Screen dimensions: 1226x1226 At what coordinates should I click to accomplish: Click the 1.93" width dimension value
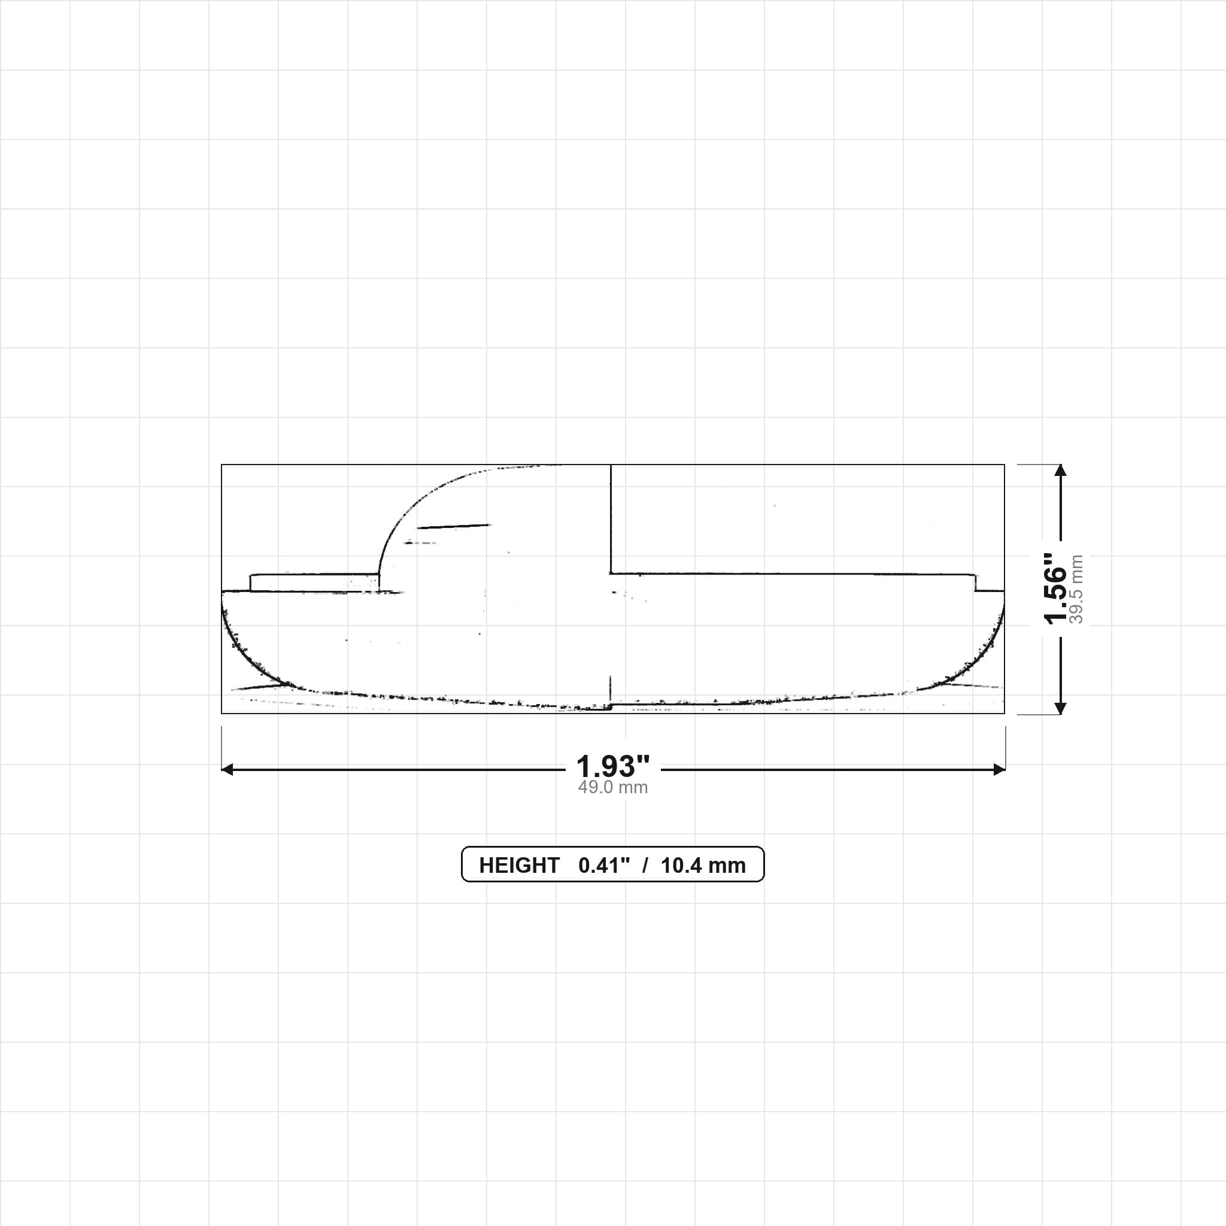tap(612, 767)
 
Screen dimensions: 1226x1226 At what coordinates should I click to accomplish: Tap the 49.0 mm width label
tap(612, 788)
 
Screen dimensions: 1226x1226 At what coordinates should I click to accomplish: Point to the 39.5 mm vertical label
tap(1076, 589)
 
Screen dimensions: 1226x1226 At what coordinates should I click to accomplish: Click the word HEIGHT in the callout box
tap(518, 866)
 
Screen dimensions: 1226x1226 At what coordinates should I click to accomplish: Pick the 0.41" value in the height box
tap(603, 866)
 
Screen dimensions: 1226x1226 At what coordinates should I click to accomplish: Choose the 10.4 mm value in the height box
tap(703, 866)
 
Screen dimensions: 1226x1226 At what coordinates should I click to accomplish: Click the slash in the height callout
tap(645, 866)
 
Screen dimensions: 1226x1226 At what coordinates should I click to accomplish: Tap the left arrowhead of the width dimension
tap(226, 770)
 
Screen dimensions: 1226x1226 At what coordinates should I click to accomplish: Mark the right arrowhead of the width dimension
tap(1000, 770)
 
